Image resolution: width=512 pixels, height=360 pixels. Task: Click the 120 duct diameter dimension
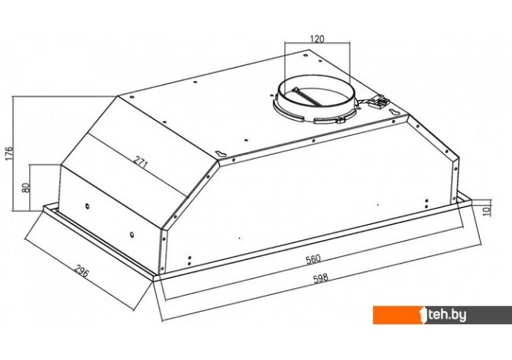[317, 39]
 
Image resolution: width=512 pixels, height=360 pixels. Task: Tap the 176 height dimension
[9, 153]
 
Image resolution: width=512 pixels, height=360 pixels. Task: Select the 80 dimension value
[26, 187]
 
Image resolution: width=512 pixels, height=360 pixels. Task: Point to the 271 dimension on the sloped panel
[141, 162]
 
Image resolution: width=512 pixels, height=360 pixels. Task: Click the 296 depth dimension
[81, 271]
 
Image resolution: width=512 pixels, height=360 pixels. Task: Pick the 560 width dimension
[313, 259]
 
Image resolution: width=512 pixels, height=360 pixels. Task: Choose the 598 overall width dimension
[321, 279]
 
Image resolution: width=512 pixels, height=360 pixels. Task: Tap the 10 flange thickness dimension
[487, 212]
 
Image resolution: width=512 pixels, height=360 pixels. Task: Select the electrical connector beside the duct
[379, 102]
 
